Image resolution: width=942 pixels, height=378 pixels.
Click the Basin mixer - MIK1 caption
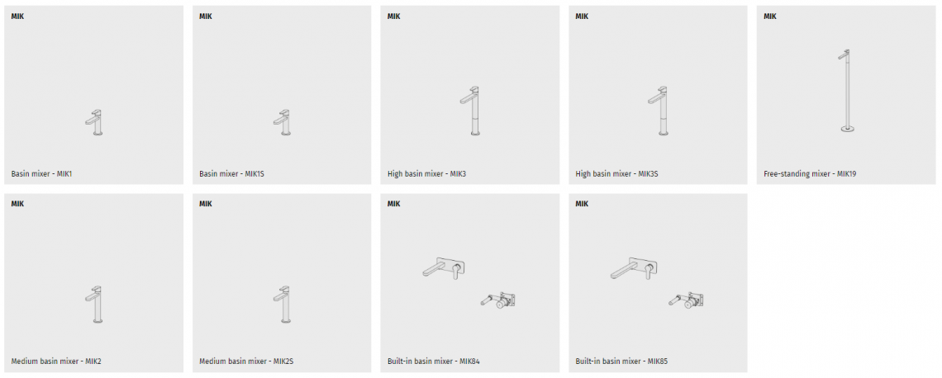(41, 174)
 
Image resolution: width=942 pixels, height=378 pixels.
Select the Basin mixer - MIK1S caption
(232, 174)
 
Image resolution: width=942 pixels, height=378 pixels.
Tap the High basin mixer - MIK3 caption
(426, 174)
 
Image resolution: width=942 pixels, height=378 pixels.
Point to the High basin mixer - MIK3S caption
(617, 174)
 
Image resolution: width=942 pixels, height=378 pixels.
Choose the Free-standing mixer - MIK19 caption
(810, 174)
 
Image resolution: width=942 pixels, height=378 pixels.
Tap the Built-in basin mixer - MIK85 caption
(621, 361)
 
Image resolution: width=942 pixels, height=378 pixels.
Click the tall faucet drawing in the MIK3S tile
(662, 111)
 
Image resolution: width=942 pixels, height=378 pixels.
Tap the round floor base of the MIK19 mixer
(848, 129)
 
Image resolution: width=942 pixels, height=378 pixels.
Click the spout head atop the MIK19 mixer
(844, 54)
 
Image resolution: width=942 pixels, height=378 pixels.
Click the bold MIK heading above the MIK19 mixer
(769, 17)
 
